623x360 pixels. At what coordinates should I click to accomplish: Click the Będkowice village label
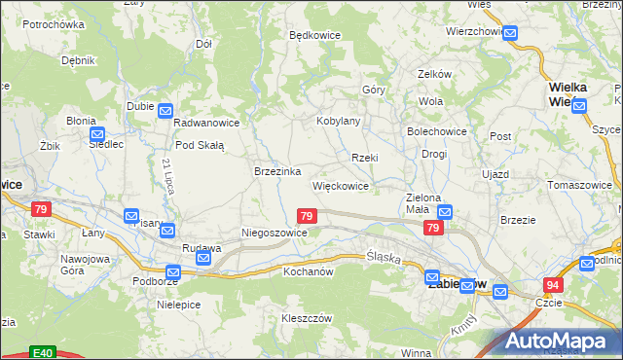314,35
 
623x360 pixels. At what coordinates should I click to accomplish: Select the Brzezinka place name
275,170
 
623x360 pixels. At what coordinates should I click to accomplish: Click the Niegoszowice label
275,234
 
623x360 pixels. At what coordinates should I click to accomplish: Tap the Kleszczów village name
308,318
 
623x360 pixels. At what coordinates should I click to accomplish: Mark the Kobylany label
339,122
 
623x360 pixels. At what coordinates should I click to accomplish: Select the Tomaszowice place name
580,184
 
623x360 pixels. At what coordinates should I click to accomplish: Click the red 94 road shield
553,284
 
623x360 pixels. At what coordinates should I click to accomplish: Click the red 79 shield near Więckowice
307,215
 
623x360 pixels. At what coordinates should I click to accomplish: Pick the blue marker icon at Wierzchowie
510,32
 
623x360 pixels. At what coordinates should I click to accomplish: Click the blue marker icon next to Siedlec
96,135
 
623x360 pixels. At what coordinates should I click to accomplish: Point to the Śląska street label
385,256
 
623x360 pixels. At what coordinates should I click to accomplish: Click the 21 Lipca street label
168,175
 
